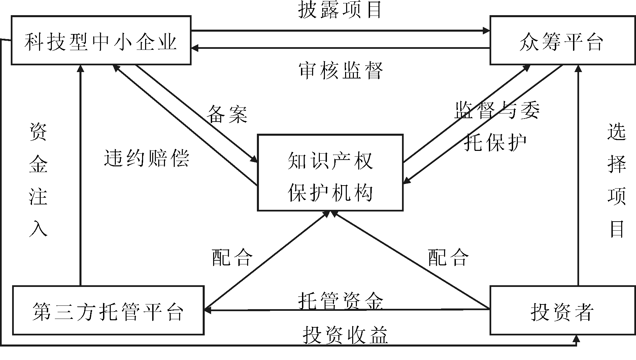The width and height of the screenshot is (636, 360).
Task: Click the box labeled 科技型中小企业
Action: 101,40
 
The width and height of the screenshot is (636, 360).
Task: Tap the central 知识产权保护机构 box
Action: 330,173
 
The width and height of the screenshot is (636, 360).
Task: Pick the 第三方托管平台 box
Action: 108,310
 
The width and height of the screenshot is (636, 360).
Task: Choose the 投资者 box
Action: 562,310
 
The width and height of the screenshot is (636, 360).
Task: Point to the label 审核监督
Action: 341,71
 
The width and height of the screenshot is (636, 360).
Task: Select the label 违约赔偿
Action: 147,158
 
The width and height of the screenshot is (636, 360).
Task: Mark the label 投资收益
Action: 345,335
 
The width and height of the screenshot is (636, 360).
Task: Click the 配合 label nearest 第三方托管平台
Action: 232,258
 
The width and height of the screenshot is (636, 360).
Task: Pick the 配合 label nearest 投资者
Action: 448,258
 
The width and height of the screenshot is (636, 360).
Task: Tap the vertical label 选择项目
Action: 617,181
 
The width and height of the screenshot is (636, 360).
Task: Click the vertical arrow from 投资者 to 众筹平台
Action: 578,175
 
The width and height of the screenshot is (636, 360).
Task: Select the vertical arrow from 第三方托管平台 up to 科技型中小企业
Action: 80,175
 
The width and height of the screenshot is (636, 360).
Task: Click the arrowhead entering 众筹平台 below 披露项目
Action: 487,31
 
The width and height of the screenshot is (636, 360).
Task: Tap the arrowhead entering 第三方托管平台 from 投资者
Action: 208,310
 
